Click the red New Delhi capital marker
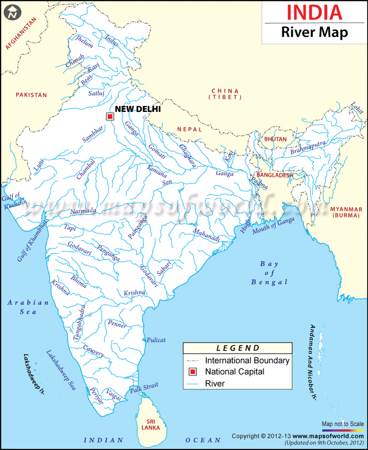[x=110, y=117]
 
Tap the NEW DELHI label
[x=138, y=109]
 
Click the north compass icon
[x=12, y=12]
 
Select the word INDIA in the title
[x=315, y=12]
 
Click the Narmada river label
[x=83, y=211]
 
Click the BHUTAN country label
[x=276, y=139]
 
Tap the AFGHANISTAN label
[x=20, y=33]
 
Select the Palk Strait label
[x=144, y=388]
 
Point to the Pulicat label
[x=156, y=340]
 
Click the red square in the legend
[x=193, y=372]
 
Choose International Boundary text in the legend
[x=247, y=361]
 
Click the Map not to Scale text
[x=342, y=424]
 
